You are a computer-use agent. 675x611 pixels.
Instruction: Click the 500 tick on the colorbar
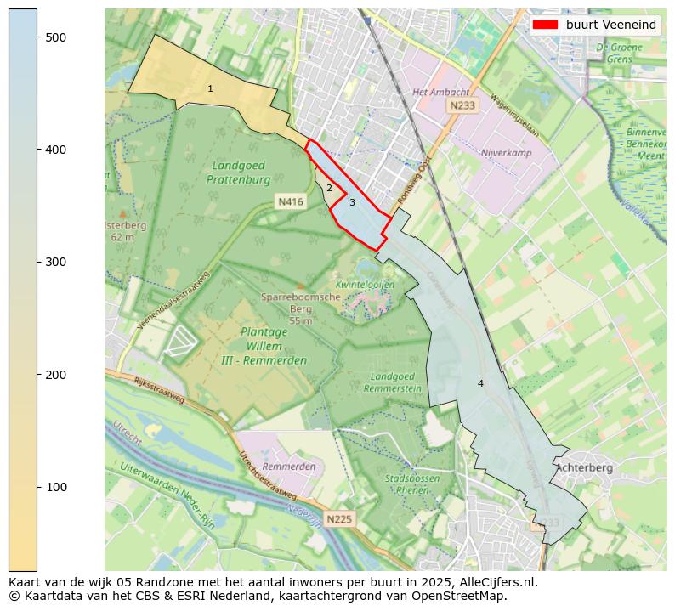pyautogui.click(x=37, y=37)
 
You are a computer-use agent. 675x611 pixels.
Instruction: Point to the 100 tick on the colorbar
pyautogui.click(x=37, y=487)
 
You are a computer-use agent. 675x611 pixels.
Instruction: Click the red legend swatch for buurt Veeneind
pyautogui.click(x=545, y=25)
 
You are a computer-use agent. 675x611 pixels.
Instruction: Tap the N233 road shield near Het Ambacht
pyautogui.click(x=462, y=105)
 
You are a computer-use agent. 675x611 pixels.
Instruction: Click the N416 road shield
pyautogui.click(x=290, y=201)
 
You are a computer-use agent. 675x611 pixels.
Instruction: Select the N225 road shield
pyautogui.click(x=338, y=518)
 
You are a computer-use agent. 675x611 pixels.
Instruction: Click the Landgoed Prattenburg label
pyautogui.click(x=238, y=173)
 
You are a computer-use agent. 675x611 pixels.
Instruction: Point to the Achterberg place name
pyautogui.click(x=584, y=467)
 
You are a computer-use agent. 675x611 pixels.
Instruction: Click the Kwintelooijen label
pyautogui.click(x=366, y=285)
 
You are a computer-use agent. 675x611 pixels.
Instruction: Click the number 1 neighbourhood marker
pyautogui.click(x=210, y=89)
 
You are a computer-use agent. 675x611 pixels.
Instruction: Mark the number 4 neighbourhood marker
pyautogui.click(x=480, y=383)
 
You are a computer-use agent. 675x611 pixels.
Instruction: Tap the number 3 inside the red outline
pyautogui.click(x=352, y=202)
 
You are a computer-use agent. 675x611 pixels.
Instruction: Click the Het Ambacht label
pyautogui.click(x=440, y=92)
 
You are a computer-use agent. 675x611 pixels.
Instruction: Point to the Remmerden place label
pyautogui.click(x=289, y=467)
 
